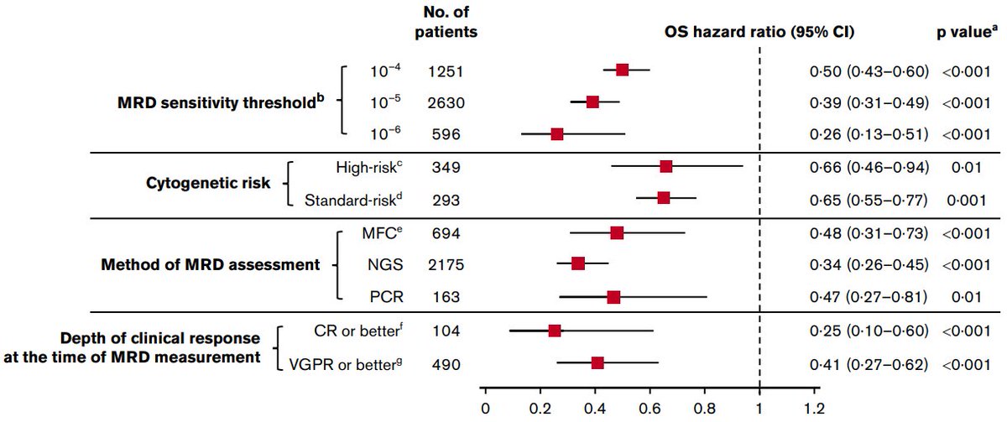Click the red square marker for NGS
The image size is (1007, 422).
point(577,264)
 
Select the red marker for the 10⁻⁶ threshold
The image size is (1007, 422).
point(556,133)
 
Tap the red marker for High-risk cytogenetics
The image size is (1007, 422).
point(665,166)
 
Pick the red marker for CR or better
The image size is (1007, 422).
point(554,331)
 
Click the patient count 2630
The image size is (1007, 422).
point(444,102)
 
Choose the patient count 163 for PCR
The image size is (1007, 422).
point(444,297)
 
